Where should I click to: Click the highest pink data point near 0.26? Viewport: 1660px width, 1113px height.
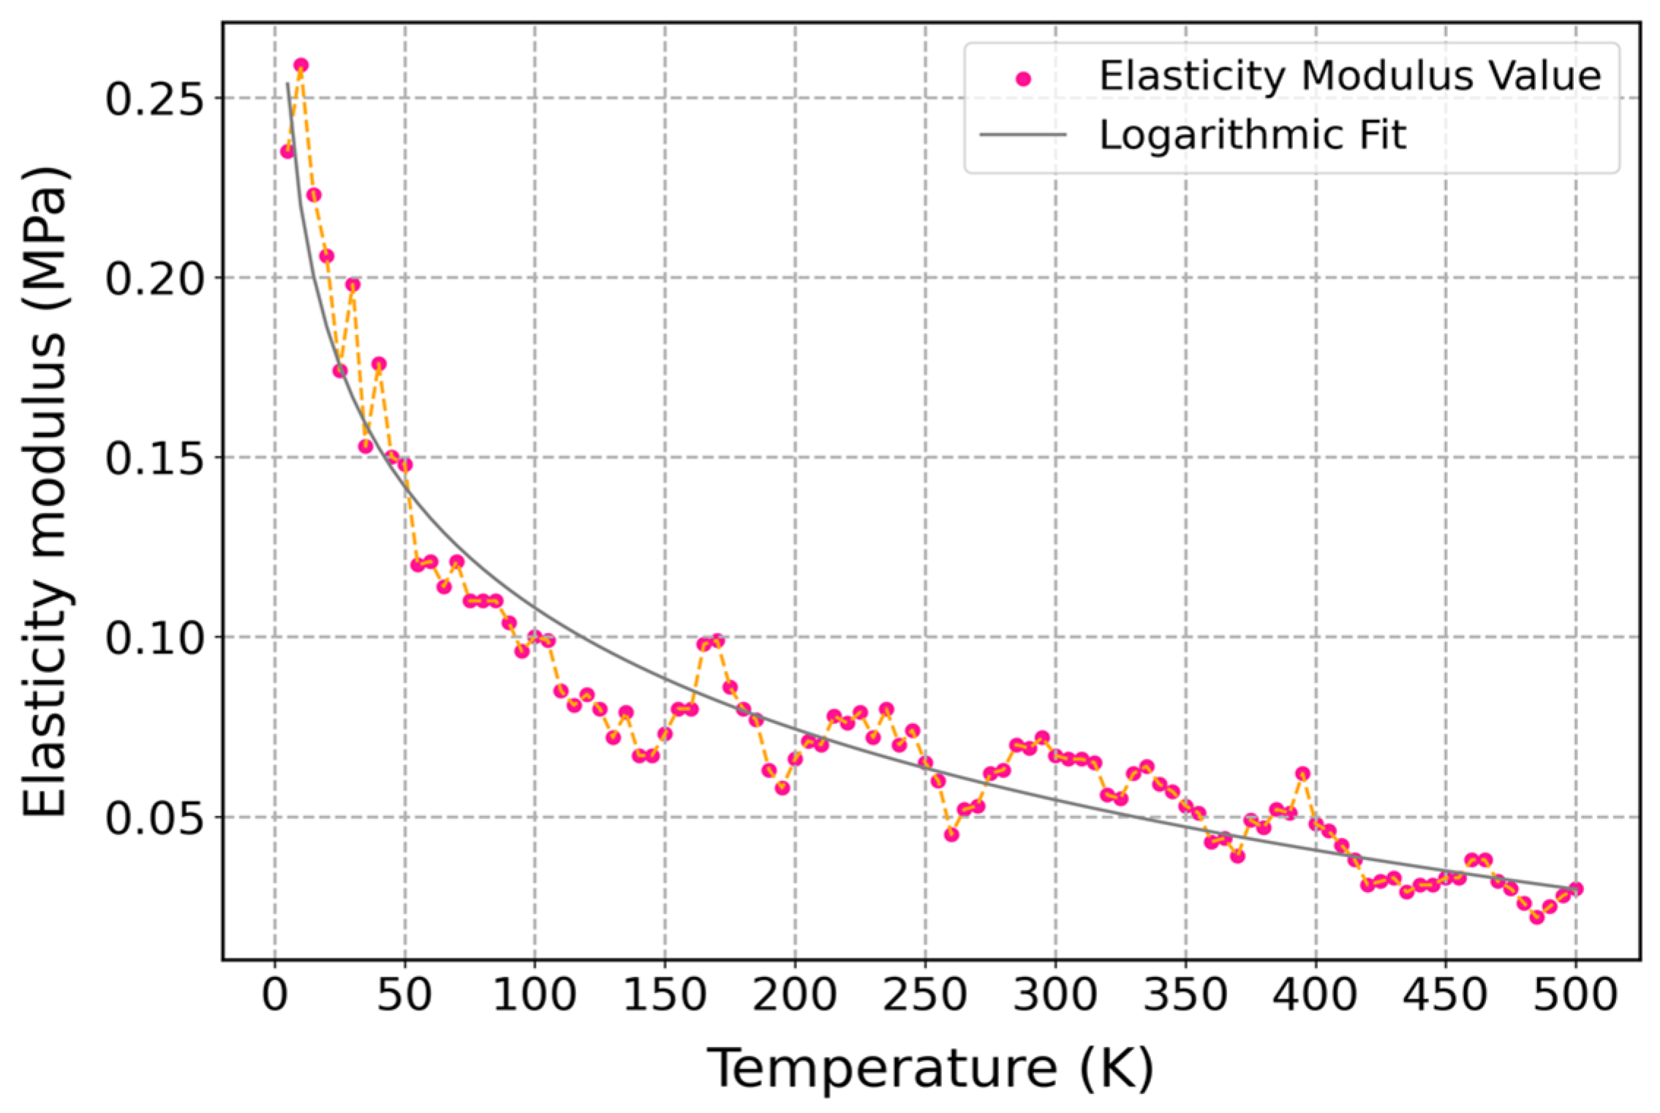coord(301,66)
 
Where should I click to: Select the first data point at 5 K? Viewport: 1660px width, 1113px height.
coord(287,151)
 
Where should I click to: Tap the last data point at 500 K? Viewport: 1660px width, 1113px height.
coord(1576,889)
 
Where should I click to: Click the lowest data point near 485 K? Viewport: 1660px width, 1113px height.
coord(1537,917)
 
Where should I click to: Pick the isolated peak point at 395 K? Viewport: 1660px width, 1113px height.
coord(1302,774)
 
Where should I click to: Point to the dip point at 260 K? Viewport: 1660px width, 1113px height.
coord(951,834)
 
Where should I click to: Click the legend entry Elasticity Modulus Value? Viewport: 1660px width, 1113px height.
coord(1350,76)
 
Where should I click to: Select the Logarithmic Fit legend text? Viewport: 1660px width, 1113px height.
coord(1253,135)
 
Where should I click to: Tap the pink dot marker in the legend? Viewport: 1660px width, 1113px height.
coord(1024,79)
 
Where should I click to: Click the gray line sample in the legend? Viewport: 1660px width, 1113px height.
coord(1022,135)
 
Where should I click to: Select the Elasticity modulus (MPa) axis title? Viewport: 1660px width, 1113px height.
coord(45,491)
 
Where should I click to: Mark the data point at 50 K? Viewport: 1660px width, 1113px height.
coord(404,465)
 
